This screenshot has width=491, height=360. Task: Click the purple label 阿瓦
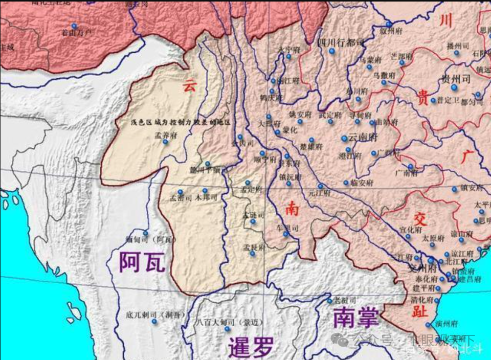coord(142,261)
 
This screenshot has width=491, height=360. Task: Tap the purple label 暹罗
coord(251,347)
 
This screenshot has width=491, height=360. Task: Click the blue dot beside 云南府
coord(344,138)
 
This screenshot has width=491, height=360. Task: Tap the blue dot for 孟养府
coord(165,142)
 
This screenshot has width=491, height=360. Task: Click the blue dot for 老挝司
coord(329,301)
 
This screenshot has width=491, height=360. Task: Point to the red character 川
coord(446,20)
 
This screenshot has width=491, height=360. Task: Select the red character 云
coord(190,86)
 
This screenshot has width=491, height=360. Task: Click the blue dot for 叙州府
coord(389,24)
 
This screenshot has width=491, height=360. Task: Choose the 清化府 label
coord(422,301)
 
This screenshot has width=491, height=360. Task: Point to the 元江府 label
coord(320,194)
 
